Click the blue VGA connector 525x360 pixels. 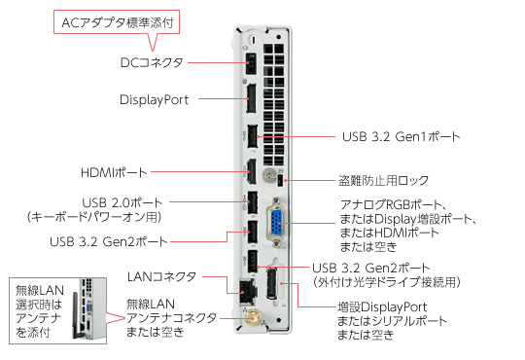click(277, 223)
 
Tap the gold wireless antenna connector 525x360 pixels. click(253, 317)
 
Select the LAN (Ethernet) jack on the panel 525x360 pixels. click(248, 291)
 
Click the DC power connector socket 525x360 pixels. click(251, 63)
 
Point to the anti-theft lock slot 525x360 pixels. click(281, 181)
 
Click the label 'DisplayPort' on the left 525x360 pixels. click(155, 99)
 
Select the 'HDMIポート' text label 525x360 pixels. click(114, 172)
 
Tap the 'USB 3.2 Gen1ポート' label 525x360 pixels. click(402, 137)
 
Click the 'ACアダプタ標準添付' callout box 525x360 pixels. click(117, 22)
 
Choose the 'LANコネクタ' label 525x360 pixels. click(161, 277)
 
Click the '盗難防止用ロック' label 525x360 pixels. click(383, 181)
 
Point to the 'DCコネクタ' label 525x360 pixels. click(152, 62)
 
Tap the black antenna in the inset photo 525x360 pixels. click(76, 314)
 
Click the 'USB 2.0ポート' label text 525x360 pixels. click(122, 202)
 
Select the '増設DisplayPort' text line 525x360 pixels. click(382, 306)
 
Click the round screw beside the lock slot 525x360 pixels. click(269, 175)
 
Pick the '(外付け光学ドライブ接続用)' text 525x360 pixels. click(386, 282)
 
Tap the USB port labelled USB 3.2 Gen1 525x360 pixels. click(253, 136)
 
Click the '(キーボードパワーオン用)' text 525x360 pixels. click(94, 217)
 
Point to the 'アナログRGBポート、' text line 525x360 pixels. click(394, 204)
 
